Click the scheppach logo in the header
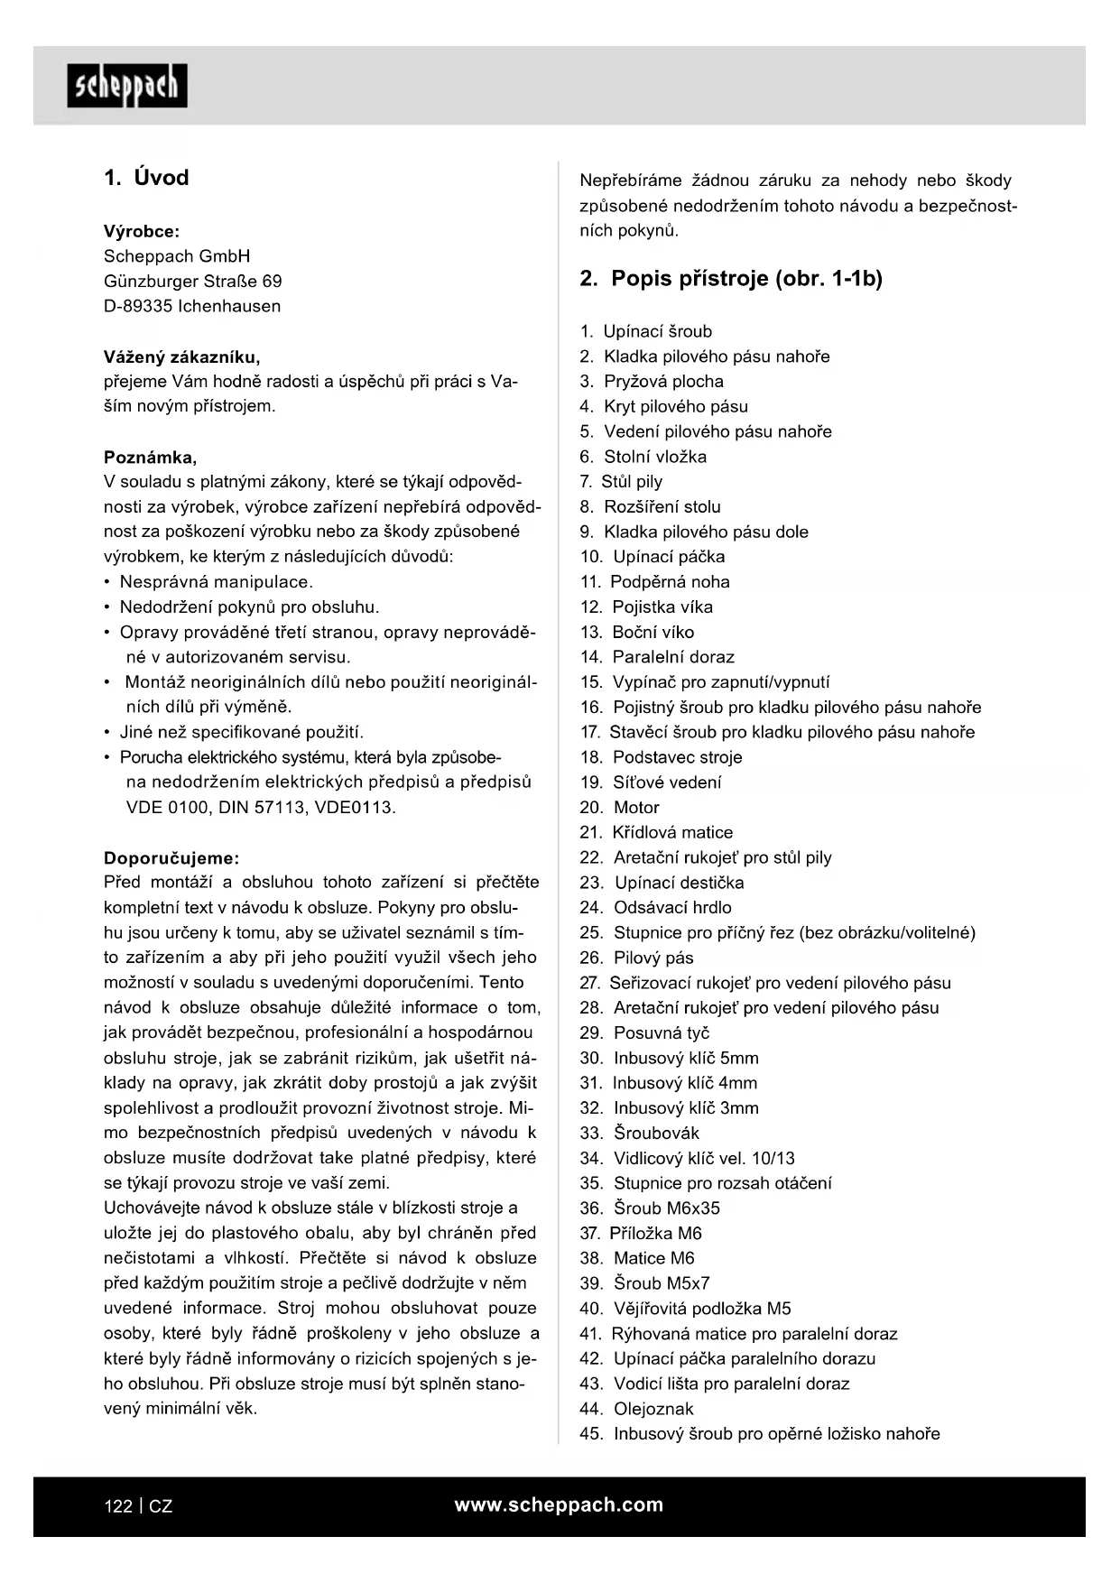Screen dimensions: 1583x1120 [127, 86]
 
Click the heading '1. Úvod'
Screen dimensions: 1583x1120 [146, 178]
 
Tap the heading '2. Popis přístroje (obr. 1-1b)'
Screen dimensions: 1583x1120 [730, 279]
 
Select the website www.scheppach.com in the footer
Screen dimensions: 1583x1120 [559, 1504]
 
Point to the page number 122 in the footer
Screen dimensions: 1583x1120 [118, 1506]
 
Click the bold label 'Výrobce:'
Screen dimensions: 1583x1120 [142, 231]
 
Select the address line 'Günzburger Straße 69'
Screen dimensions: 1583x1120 [192, 282]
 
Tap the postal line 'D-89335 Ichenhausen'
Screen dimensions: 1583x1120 [192, 306]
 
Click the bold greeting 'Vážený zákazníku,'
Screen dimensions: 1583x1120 [182, 356]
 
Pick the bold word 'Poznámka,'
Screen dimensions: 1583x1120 [151, 457]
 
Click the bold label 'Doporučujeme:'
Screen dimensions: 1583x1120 [171, 858]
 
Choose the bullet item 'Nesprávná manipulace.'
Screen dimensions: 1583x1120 [216, 582]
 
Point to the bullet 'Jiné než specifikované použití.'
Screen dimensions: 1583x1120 [241, 732]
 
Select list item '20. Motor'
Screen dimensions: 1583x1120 [619, 808]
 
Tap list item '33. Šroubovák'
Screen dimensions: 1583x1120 [639, 1133]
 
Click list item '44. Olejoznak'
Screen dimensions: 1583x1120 [636, 1409]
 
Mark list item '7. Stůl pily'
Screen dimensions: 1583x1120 [621, 482]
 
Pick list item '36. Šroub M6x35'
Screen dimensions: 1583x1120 [650, 1208]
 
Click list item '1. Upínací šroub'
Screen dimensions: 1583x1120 [646, 331]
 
